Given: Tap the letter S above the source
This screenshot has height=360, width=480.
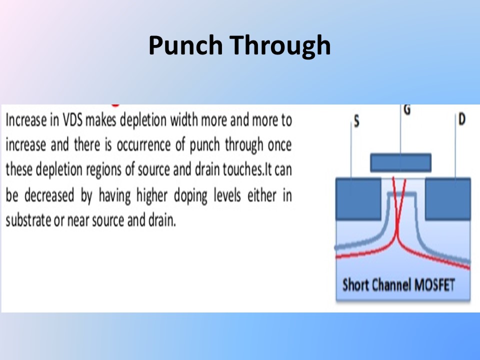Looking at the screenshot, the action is pyautogui.click(x=356, y=121).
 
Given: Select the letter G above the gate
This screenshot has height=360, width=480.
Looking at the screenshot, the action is pyautogui.click(x=407, y=109).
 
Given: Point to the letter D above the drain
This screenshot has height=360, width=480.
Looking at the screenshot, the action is pyautogui.click(x=462, y=119).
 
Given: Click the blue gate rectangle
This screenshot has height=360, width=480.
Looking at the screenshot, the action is pyautogui.click(x=400, y=162).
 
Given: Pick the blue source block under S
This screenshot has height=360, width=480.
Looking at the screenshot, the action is pyautogui.click(x=358, y=198).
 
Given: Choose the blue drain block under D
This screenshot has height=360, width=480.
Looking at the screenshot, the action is pyautogui.click(x=448, y=198).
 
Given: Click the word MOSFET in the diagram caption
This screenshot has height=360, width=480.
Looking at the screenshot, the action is pyautogui.click(x=434, y=285).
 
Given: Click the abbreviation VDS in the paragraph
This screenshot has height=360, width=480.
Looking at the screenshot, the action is pyautogui.click(x=72, y=120).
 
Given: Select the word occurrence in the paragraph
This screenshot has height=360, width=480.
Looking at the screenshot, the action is pyautogui.click(x=143, y=145).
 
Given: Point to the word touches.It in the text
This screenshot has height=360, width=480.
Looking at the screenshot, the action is pyautogui.click(x=247, y=169).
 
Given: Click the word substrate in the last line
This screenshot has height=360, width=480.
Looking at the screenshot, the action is pyautogui.click(x=28, y=220).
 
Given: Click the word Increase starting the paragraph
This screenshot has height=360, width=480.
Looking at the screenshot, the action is pyautogui.click(x=26, y=120).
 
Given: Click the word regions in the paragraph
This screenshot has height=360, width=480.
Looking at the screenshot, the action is pyautogui.click(x=103, y=170).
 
